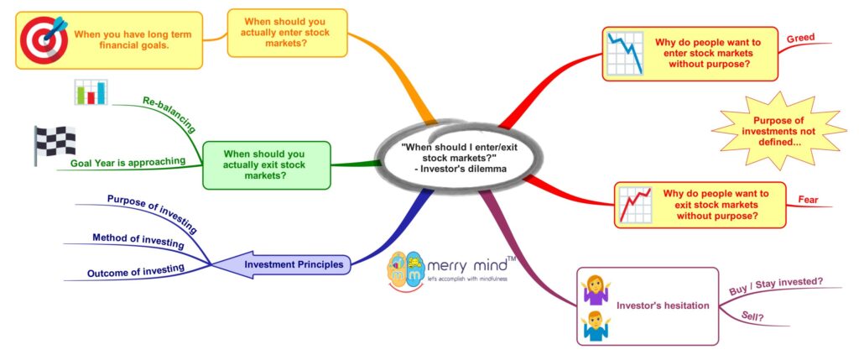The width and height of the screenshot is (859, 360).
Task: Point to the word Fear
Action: [x=808, y=200]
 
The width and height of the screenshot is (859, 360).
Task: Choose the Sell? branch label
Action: [x=752, y=316]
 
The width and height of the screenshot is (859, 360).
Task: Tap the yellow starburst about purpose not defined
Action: [x=778, y=133]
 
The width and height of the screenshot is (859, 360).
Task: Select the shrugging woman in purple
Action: [x=594, y=289]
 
